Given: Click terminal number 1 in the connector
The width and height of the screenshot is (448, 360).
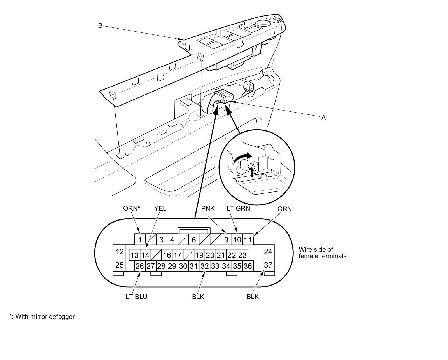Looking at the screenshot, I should [x=140, y=240].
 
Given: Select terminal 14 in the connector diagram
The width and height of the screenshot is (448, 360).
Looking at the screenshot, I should [x=145, y=255].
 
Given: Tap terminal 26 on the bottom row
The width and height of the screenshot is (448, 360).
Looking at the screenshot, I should [x=139, y=266].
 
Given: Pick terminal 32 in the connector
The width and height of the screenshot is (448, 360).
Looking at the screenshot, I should [x=204, y=266].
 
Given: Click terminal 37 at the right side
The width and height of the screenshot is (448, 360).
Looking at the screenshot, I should [x=268, y=265].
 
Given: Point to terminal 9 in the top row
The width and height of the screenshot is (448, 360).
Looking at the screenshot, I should [x=226, y=240].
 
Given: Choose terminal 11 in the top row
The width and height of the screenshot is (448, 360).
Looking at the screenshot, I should [x=248, y=240].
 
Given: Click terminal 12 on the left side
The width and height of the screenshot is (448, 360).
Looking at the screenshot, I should [x=120, y=252].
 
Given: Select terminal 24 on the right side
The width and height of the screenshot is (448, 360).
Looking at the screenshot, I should [x=268, y=252].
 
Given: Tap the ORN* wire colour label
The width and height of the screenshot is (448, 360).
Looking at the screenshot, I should [x=132, y=208].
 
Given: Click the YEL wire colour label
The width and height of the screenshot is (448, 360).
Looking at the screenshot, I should [x=160, y=208].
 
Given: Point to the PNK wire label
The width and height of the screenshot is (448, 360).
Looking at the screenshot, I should [x=208, y=208].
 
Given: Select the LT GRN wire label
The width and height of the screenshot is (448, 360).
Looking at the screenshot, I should [x=238, y=208].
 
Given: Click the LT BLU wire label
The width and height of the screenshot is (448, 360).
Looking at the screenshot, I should [x=136, y=297].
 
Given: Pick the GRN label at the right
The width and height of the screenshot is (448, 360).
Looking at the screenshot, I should [x=284, y=209].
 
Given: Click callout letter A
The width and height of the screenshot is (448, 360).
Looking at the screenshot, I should [x=323, y=118].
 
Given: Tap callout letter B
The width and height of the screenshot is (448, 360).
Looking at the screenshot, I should [x=100, y=25].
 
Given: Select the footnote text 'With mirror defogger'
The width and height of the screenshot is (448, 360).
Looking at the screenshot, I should [x=45, y=317].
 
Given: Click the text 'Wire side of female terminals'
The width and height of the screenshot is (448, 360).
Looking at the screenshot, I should [x=322, y=253].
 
